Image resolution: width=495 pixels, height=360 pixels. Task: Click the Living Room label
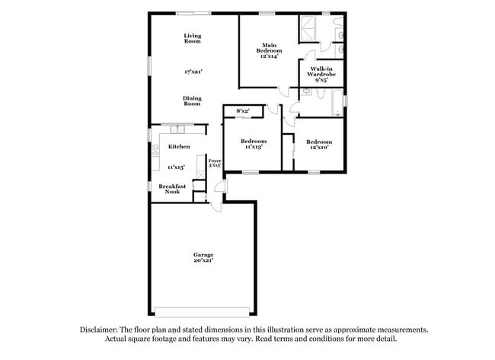(193, 38)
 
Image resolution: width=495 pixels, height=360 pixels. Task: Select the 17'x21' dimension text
(193, 72)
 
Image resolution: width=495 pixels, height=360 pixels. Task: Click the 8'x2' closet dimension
(243, 112)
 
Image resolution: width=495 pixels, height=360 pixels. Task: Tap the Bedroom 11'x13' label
(254, 144)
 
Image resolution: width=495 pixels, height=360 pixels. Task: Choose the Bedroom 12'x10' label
(319, 144)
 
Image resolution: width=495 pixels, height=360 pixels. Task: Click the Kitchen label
(179, 147)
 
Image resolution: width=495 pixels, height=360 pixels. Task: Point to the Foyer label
(215, 162)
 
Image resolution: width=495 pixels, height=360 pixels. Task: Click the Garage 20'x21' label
(203, 257)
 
